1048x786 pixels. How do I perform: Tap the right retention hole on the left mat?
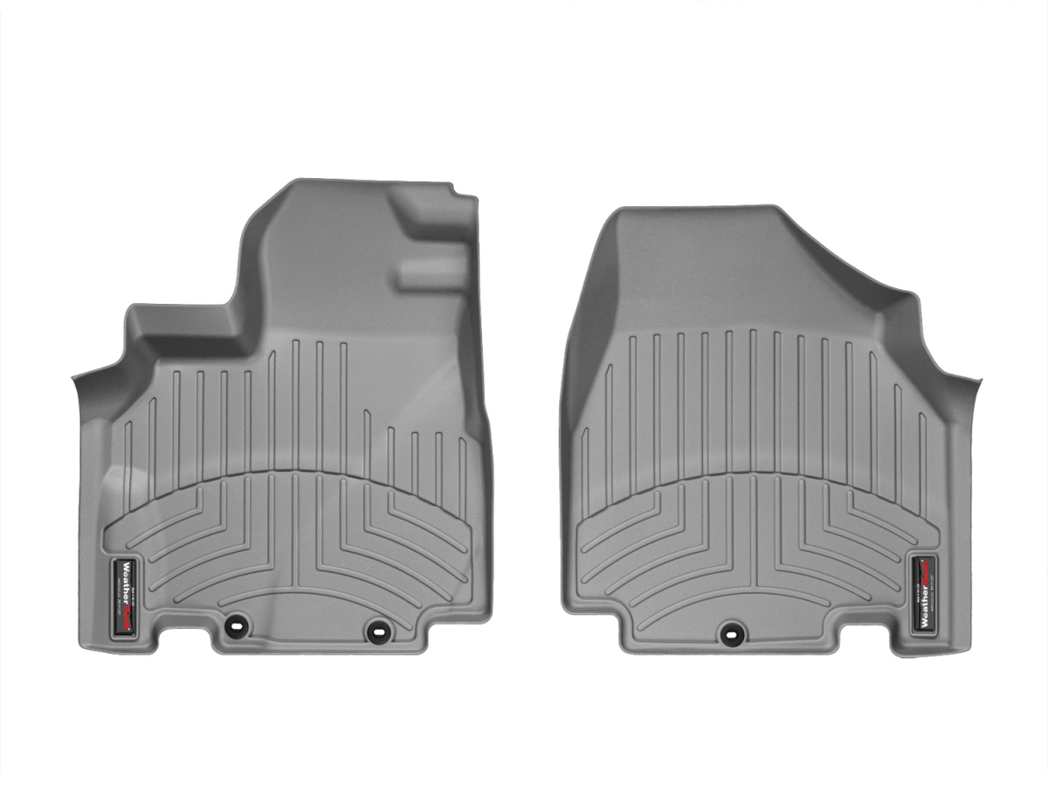point(377,627)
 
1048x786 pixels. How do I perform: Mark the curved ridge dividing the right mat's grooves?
point(751,475)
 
